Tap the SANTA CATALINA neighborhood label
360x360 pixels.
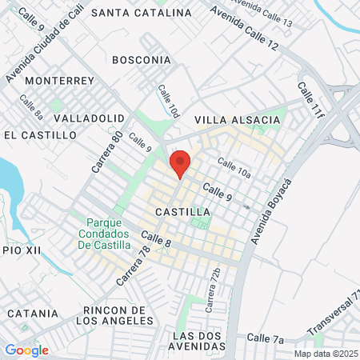coord(142,13)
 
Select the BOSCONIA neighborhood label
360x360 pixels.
coord(142,60)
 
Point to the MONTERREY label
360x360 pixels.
coord(60,81)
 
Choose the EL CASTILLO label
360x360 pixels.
coord(40,135)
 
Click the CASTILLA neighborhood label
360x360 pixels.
coord(183,212)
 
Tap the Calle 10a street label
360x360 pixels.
coord(234,168)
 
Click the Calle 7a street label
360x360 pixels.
coord(266,339)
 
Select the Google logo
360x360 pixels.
coord(26,350)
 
